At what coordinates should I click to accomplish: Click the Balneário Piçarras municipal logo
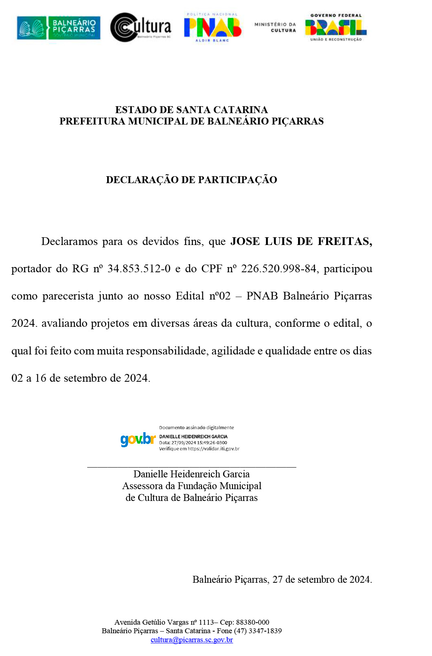(59, 28)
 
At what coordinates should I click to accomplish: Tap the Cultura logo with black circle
(140, 27)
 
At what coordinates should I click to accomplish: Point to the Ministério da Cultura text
(275, 27)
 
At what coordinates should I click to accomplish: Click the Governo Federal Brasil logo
(336, 27)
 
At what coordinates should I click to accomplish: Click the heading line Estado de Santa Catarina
(191, 110)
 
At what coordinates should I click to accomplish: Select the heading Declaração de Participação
(191, 180)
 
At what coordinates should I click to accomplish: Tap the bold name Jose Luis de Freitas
(301, 241)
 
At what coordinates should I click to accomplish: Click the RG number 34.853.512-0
(139, 269)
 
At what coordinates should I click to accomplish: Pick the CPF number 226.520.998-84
(278, 269)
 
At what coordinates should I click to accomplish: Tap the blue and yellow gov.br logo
(138, 440)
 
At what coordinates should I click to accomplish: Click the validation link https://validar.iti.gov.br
(213, 449)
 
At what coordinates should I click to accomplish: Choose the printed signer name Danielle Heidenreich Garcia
(191, 474)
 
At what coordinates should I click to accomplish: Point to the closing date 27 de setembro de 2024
(322, 579)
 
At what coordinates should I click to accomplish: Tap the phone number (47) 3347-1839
(258, 631)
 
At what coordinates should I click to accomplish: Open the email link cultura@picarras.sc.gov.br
(191, 640)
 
